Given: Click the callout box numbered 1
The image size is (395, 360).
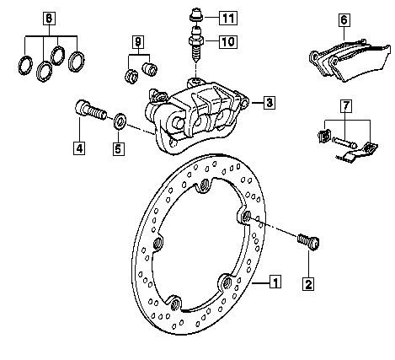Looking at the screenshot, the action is click(275, 282).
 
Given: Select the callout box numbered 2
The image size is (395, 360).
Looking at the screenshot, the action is click(308, 284).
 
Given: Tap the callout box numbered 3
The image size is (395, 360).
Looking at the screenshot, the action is click(270, 103).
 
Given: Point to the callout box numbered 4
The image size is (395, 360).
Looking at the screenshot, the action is click(79, 148).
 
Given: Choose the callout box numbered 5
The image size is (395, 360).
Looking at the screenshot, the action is click(119, 148).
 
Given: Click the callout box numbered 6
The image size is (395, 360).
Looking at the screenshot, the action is click(344, 20).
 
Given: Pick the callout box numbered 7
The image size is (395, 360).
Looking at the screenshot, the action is click(346, 105).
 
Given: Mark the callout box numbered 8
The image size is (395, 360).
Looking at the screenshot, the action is click(49, 19).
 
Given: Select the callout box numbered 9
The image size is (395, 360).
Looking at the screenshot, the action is click(138, 42).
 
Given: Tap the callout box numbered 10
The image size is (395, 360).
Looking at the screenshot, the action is click(228, 41).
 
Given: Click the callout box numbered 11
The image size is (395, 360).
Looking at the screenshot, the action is click(228, 18).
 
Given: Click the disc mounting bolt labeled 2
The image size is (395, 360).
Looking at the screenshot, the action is click(308, 242).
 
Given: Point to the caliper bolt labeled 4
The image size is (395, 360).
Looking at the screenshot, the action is click(91, 110).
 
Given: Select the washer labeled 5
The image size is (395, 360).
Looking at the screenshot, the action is click(120, 121).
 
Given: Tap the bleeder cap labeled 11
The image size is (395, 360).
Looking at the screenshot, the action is click(196, 15).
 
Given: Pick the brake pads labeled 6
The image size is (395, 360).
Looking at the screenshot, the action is click(350, 61).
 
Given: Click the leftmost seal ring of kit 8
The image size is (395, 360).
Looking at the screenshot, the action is click(25, 66).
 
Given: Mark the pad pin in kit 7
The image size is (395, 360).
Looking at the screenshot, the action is click(344, 142).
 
